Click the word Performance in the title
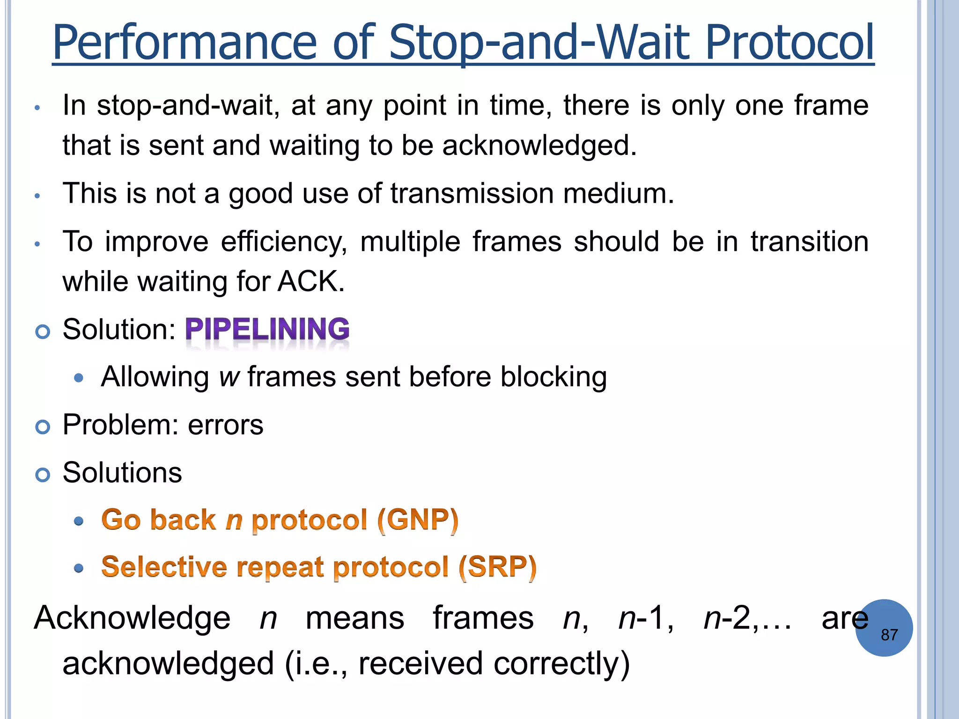[x=185, y=43]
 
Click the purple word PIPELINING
[x=267, y=329]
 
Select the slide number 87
[x=889, y=635]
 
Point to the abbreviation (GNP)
[x=418, y=520]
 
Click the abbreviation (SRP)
[x=497, y=567]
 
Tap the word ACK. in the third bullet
[x=311, y=282]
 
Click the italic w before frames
[x=229, y=377]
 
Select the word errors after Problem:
[x=225, y=425]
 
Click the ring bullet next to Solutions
[x=43, y=475]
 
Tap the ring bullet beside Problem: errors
[x=43, y=427]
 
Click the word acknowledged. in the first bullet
[x=539, y=146]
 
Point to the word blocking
[x=553, y=377]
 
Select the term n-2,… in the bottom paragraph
[x=747, y=618]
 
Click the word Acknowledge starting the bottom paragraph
[x=132, y=618]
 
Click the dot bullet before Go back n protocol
[x=79, y=521]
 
